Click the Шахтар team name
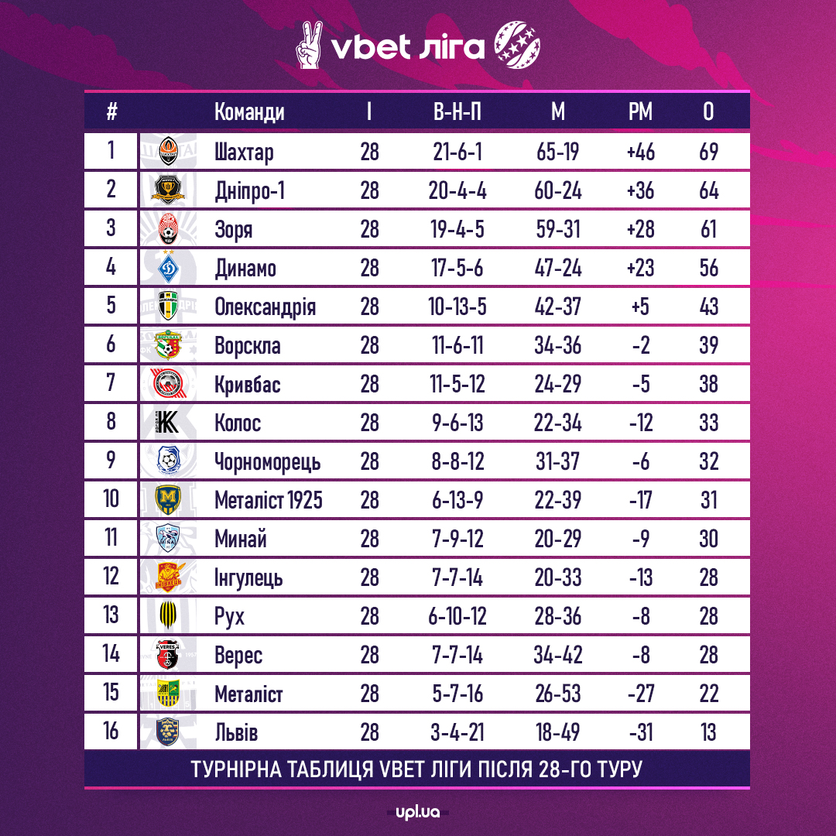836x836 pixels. (x=244, y=152)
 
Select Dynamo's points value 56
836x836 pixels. (x=708, y=269)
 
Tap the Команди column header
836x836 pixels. (x=249, y=112)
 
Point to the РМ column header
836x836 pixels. (x=640, y=112)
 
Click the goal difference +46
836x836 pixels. (x=640, y=152)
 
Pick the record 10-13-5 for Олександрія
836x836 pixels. (x=457, y=307)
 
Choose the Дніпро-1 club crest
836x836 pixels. (x=168, y=190)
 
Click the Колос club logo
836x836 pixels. (x=168, y=423)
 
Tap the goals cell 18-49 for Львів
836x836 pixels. (x=557, y=732)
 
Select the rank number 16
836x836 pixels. (x=111, y=731)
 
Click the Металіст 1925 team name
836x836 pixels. (x=269, y=501)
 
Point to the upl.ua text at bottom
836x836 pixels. (x=417, y=813)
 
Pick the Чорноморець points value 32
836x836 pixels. (x=708, y=462)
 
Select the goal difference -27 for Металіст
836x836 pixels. (x=640, y=694)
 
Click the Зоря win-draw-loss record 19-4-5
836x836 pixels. (x=457, y=230)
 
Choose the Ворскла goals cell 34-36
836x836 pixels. (x=557, y=346)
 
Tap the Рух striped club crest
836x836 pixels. (x=168, y=616)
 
